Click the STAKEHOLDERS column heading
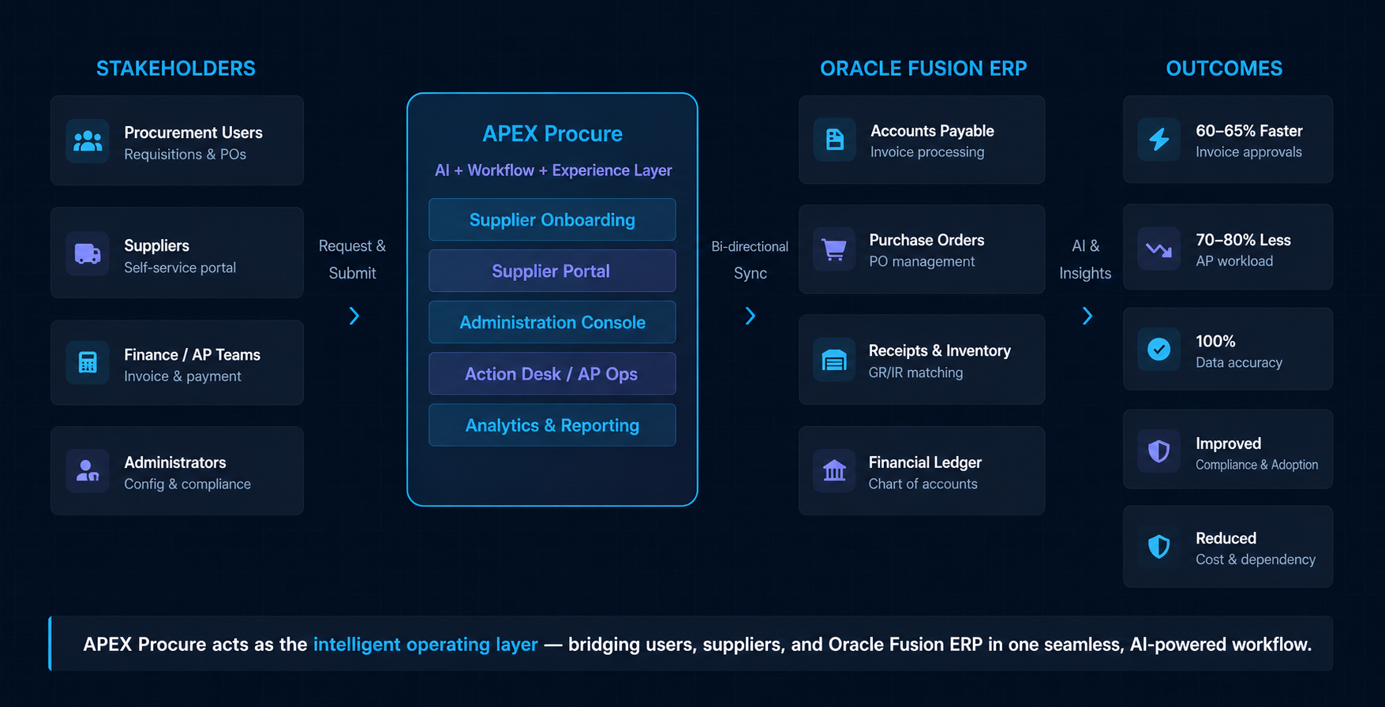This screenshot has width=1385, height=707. (176, 69)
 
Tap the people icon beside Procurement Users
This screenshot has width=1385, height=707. (88, 141)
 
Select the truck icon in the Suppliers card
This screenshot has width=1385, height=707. (88, 253)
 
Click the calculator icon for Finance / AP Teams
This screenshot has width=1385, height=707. (88, 362)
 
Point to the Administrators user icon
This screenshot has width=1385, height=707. (87, 471)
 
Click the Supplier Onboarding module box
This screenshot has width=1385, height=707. (552, 219)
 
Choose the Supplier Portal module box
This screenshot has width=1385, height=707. (552, 271)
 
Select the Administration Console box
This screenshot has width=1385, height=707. (552, 322)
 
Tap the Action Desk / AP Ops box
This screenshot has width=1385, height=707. (552, 373)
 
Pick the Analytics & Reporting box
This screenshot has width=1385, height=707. (552, 425)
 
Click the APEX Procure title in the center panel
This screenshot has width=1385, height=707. (552, 134)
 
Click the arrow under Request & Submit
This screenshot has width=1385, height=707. (354, 316)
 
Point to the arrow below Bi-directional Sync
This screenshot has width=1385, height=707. (751, 316)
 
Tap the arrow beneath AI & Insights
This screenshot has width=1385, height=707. (1087, 316)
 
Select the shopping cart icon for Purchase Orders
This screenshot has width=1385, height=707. (834, 249)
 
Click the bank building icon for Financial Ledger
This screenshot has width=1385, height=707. (834, 471)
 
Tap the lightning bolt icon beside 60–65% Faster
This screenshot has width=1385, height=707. (1159, 140)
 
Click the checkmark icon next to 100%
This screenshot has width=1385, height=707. (1159, 349)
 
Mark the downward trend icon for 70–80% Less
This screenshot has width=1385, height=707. (1159, 250)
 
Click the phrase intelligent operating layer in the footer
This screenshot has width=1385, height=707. (425, 645)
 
